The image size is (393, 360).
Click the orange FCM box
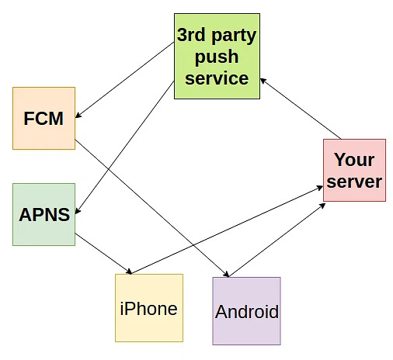point(43,118)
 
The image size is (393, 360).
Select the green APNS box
point(43,214)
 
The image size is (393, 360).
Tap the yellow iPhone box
point(148,308)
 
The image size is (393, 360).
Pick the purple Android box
point(246,311)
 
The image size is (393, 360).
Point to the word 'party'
point(236,36)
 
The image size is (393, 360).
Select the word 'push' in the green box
point(217,57)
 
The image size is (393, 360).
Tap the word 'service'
point(217,78)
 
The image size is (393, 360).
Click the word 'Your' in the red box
point(354,160)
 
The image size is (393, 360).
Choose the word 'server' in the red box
point(354,182)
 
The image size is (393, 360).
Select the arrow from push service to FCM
point(124,81)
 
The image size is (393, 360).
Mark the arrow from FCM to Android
point(151,207)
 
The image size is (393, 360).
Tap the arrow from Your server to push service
point(301,108)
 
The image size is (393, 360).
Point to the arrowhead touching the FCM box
point(79,116)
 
